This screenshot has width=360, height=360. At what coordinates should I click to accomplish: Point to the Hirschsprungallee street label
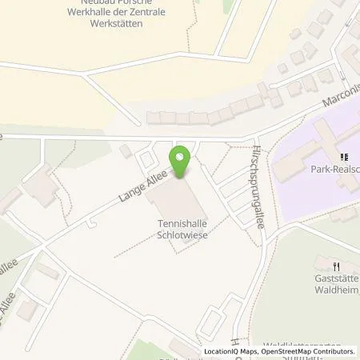258,189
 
